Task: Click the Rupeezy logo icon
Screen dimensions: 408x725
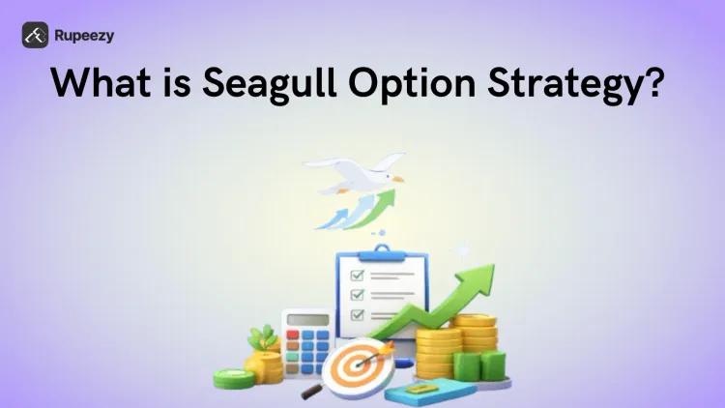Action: pyautogui.click(x=36, y=35)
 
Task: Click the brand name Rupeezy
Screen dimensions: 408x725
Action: pyautogui.click(x=84, y=35)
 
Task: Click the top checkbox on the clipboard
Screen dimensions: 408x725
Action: pyautogui.click(x=357, y=272)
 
